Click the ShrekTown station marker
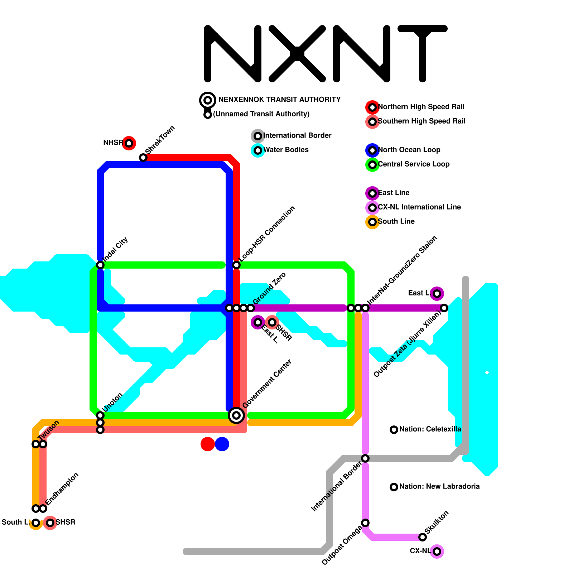(x=143, y=158)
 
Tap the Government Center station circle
(x=236, y=415)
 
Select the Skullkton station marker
(x=423, y=537)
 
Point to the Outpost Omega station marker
(x=365, y=523)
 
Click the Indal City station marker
(x=100, y=265)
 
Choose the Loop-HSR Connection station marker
(x=236, y=265)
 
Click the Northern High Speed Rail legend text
(x=421, y=107)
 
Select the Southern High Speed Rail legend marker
(x=372, y=122)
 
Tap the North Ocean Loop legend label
(x=409, y=150)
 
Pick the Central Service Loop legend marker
(x=372, y=165)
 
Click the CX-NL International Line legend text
(x=419, y=207)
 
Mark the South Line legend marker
(x=372, y=222)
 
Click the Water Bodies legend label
(x=286, y=150)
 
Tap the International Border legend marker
(x=258, y=136)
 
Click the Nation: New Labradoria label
(x=439, y=486)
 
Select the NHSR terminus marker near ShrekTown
(x=129, y=143)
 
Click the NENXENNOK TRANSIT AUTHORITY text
(x=279, y=100)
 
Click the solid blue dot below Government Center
(x=222, y=444)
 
